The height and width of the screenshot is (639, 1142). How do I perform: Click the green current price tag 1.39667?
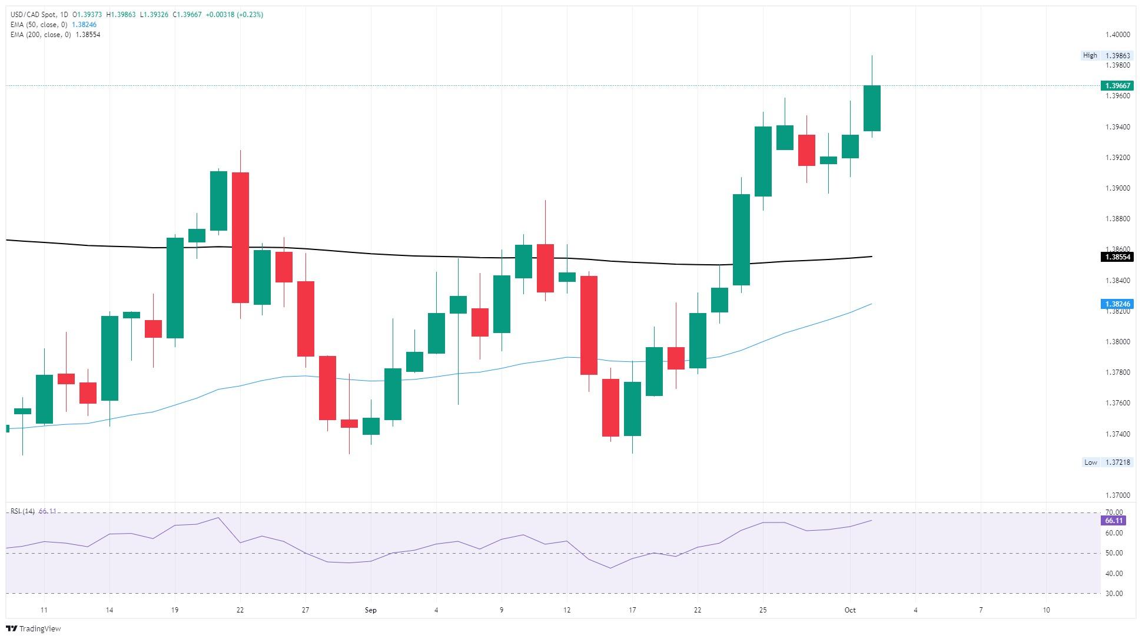coord(1116,86)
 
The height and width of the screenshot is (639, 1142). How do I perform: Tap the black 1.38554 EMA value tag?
coord(1116,257)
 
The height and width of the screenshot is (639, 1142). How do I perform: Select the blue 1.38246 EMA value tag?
coord(1116,304)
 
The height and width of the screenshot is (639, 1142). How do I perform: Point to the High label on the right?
coord(1090,55)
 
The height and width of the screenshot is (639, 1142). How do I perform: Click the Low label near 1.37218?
coord(1090,462)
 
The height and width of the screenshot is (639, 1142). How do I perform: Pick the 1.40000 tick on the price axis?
coord(1117,35)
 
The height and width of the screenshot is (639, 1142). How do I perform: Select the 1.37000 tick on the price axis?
coord(1117,495)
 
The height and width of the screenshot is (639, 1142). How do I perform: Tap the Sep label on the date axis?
coord(370,610)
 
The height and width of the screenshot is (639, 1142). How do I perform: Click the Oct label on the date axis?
coord(849,610)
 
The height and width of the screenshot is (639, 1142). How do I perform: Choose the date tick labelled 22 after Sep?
coord(698,610)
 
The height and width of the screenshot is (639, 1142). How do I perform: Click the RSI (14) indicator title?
coord(22,511)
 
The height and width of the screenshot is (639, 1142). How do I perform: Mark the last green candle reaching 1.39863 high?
coord(872,108)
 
